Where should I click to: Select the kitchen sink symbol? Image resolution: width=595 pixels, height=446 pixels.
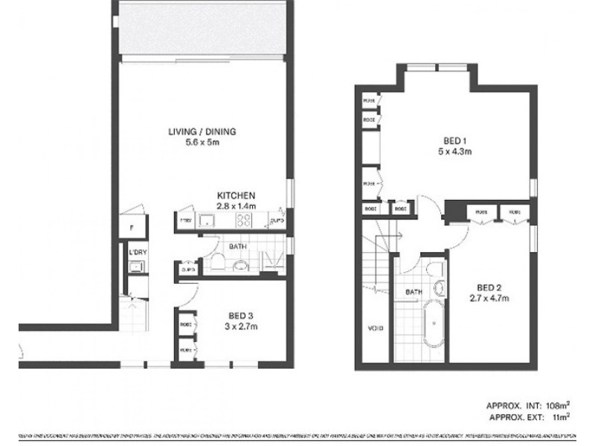tap(208, 219)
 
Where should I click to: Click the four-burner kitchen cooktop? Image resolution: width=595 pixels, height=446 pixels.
tap(242, 220)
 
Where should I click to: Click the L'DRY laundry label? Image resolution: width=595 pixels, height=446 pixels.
tap(137, 253)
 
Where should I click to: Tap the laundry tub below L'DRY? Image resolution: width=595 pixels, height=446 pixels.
tap(136, 269)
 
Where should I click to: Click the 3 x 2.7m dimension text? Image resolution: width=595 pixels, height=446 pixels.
tap(237, 326)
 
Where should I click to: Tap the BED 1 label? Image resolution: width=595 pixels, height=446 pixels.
tap(455, 140)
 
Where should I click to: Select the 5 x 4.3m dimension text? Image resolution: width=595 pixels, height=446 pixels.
tap(455, 152)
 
